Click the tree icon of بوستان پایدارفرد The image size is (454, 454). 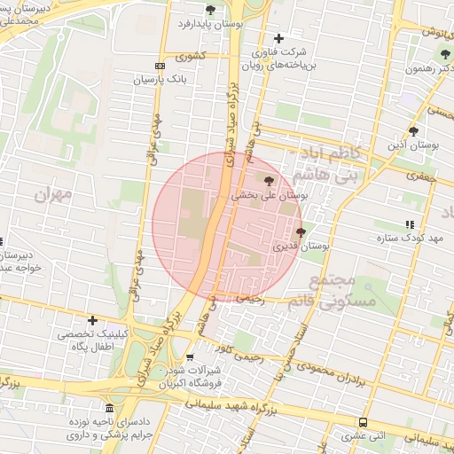click(210, 10)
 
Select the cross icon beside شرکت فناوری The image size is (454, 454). click(279, 38)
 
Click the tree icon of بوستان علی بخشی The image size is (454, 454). click(270, 181)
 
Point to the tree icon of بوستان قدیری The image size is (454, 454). click(301, 232)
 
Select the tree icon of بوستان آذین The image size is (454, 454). click(413, 131)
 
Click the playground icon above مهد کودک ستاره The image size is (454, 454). click(408, 225)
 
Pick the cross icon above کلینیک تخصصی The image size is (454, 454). click(92, 320)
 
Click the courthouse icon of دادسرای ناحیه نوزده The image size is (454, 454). click(109, 409)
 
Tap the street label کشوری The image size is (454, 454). click(190, 56)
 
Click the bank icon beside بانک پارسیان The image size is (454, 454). click(160, 66)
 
